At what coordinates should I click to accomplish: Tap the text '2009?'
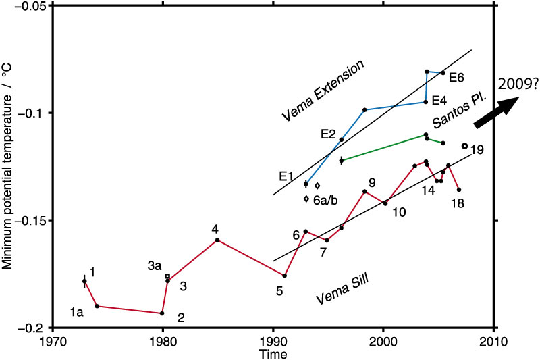point(516,84)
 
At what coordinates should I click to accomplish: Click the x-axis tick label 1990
point(273,341)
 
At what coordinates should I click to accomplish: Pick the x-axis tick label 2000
point(383,341)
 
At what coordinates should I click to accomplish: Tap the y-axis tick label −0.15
point(29,221)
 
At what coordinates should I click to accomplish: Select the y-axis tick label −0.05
point(29,5)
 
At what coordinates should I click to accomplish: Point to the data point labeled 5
point(285,276)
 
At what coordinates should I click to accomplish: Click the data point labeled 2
point(162,313)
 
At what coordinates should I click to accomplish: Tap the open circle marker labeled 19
point(464,146)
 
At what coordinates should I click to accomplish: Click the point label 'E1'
point(287,176)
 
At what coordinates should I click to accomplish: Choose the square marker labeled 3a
point(167,276)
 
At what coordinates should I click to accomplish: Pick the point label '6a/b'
point(325,199)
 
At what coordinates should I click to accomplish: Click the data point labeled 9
point(364,191)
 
